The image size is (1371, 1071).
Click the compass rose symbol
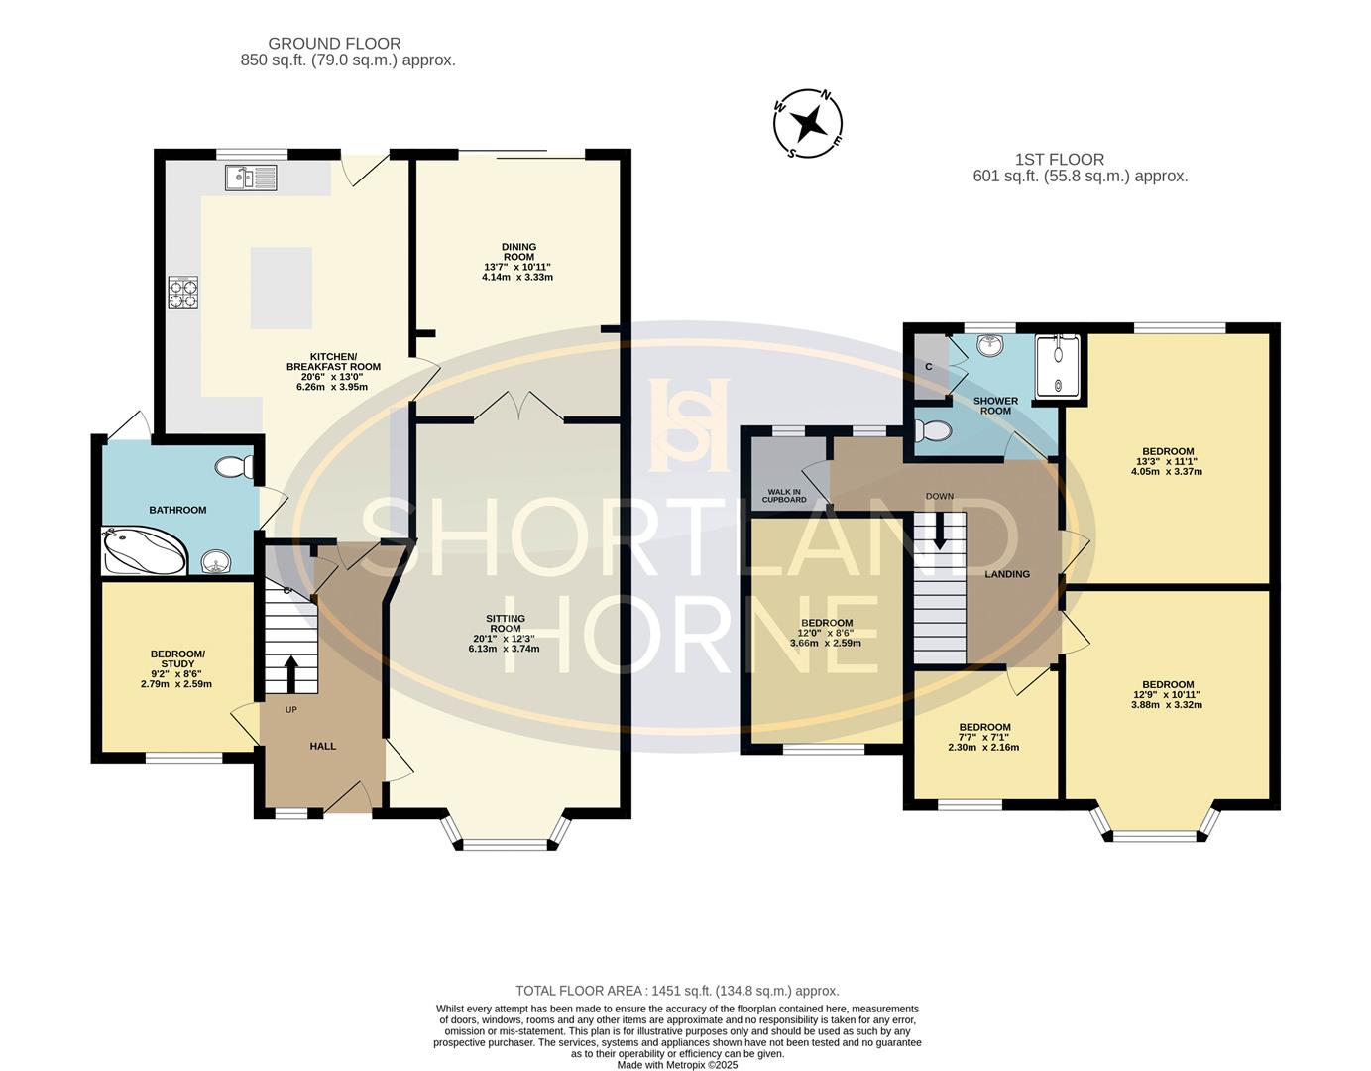809,123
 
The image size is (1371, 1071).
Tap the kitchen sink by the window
251,178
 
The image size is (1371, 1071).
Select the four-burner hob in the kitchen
183,293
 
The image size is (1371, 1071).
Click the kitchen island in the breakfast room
282,288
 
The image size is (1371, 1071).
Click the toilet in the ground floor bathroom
233,466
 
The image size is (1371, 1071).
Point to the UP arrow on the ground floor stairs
290,673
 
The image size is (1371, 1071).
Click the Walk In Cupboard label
784,495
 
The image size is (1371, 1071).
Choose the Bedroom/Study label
177,658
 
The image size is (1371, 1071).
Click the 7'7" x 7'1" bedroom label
983,737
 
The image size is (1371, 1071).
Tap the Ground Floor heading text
334,44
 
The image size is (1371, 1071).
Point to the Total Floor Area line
677,991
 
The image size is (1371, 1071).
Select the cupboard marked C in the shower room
930,367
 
